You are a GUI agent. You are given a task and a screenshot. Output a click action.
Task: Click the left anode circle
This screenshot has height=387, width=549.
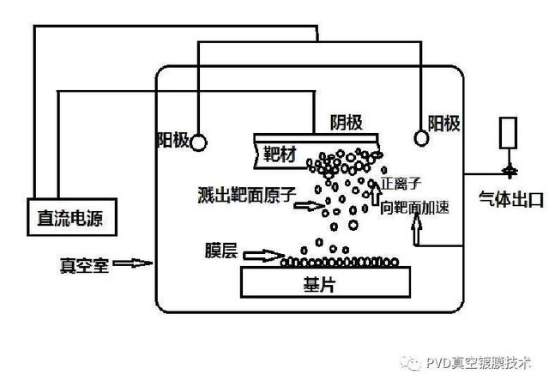(197, 141)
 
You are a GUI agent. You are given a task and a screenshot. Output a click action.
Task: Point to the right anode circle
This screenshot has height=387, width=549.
(421, 137)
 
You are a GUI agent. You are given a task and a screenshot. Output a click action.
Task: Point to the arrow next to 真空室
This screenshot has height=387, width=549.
(131, 263)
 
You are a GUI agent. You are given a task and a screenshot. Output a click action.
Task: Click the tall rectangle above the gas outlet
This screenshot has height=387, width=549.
(509, 131)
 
